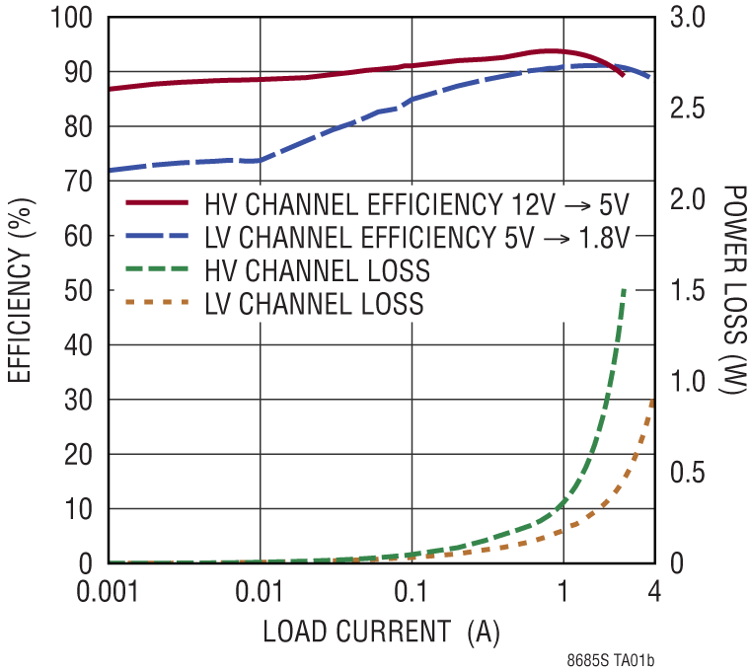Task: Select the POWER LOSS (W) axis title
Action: click(x=731, y=291)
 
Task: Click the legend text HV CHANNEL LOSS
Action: click(x=317, y=270)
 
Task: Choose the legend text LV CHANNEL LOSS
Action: click(x=314, y=304)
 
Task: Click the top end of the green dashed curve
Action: click(x=624, y=290)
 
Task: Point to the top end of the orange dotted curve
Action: click(x=652, y=400)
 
